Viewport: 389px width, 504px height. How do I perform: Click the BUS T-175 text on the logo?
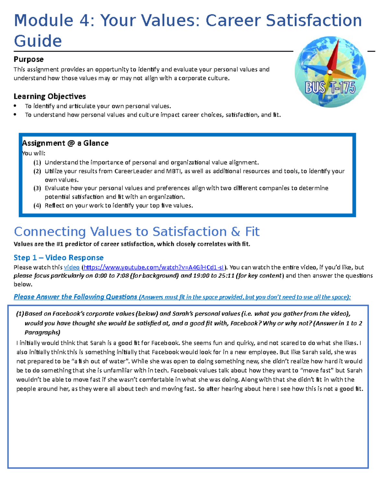click(330, 88)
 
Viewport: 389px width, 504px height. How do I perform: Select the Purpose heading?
click(29, 59)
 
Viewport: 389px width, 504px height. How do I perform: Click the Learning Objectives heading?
click(50, 96)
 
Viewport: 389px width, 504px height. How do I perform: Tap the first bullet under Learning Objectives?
click(15, 106)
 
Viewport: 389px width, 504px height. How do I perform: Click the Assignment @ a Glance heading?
click(65, 143)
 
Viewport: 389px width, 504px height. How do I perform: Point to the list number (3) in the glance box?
click(37, 188)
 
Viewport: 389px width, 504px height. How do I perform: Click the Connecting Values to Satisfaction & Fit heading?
click(136, 232)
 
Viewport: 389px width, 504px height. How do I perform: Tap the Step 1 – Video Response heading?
click(58, 258)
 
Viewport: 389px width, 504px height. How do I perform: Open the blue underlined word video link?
click(72, 267)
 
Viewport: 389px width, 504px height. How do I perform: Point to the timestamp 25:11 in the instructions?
click(227, 276)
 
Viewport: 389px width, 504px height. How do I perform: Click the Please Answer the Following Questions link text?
click(75, 297)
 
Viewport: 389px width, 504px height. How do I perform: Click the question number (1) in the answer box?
click(20, 314)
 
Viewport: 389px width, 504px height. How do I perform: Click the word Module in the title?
click(43, 20)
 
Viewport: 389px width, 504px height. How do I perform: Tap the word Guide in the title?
click(38, 41)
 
